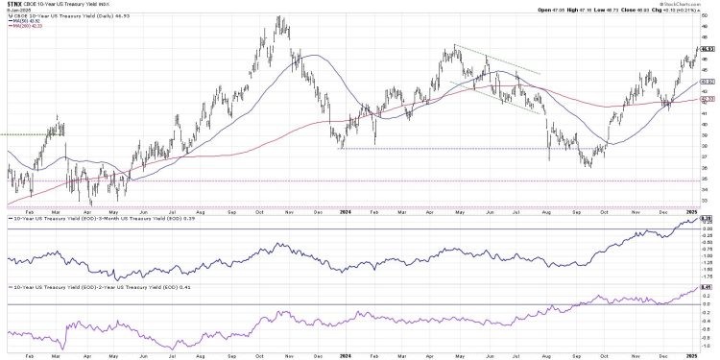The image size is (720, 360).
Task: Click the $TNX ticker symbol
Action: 15,4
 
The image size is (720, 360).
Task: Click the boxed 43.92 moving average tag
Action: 708,82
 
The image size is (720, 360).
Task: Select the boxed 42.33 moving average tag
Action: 708,99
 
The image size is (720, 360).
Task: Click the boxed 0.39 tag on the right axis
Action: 708,220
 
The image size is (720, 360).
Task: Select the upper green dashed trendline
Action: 499,60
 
